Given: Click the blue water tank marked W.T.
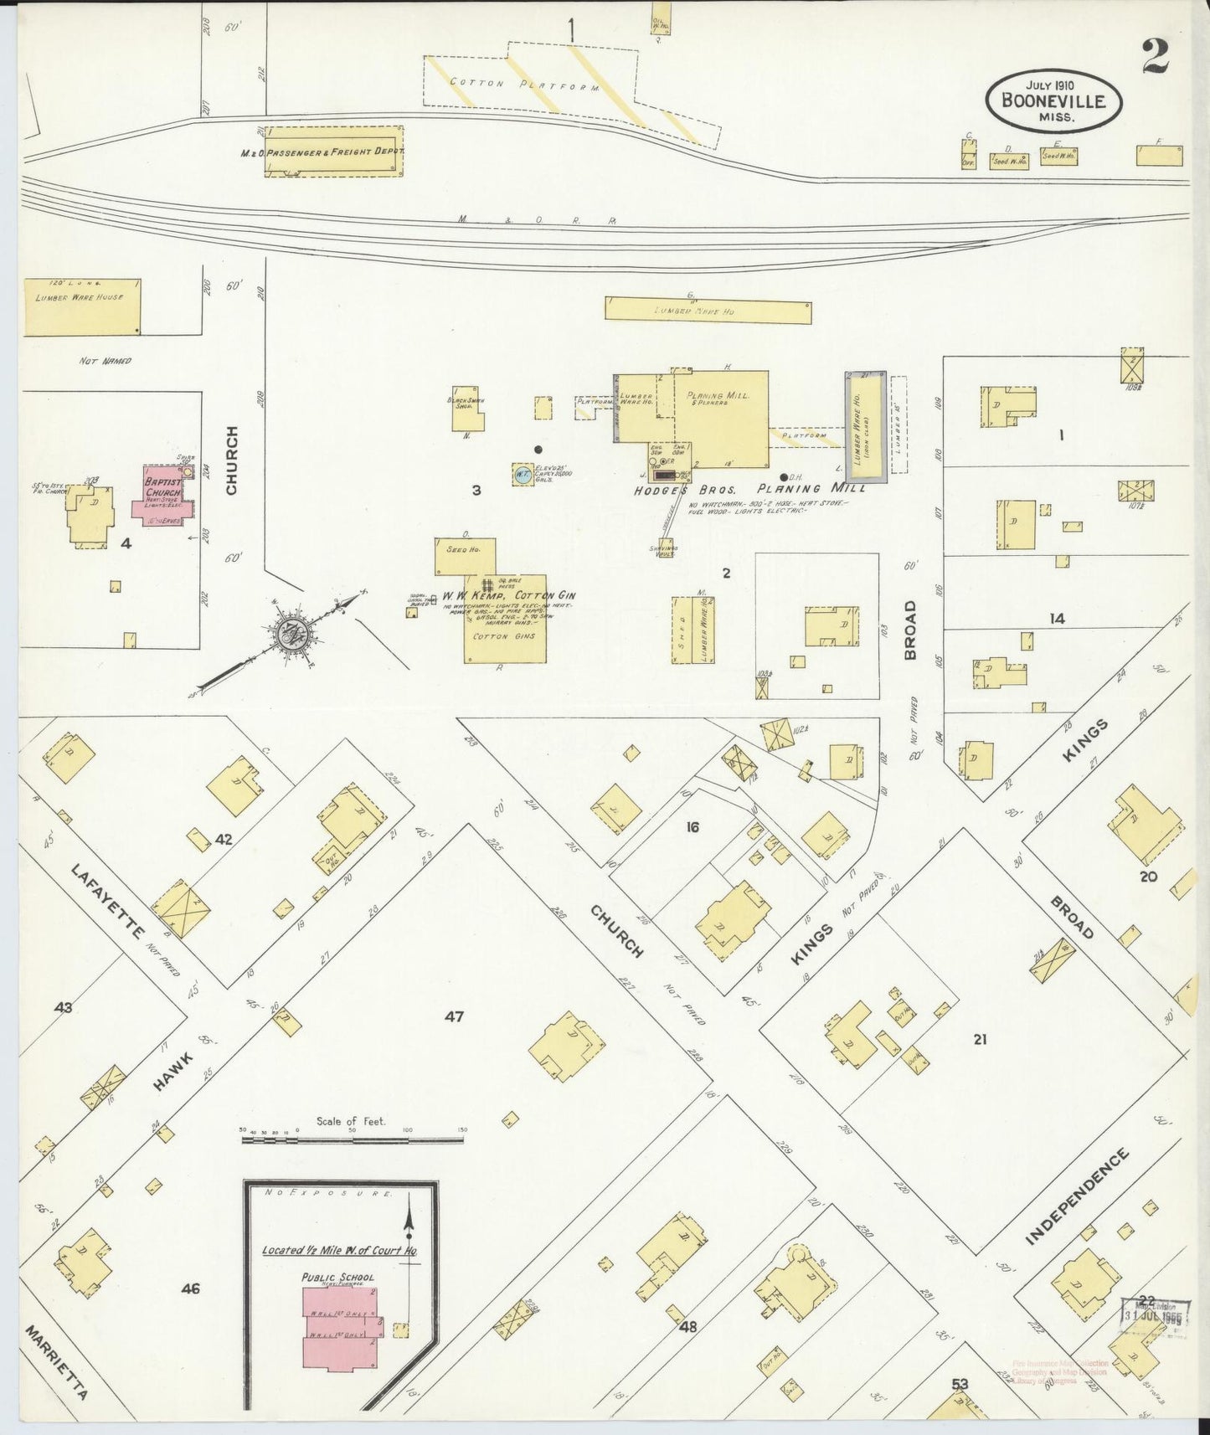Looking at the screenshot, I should (x=522, y=474).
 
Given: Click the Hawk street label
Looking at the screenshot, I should (x=173, y=1072).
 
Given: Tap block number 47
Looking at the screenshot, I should (x=454, y=1017).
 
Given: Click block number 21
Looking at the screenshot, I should (x=980, y=1039).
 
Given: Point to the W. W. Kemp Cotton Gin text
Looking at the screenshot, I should (x=508, y=595).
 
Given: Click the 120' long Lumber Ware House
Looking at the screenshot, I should (x=81, y=307).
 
